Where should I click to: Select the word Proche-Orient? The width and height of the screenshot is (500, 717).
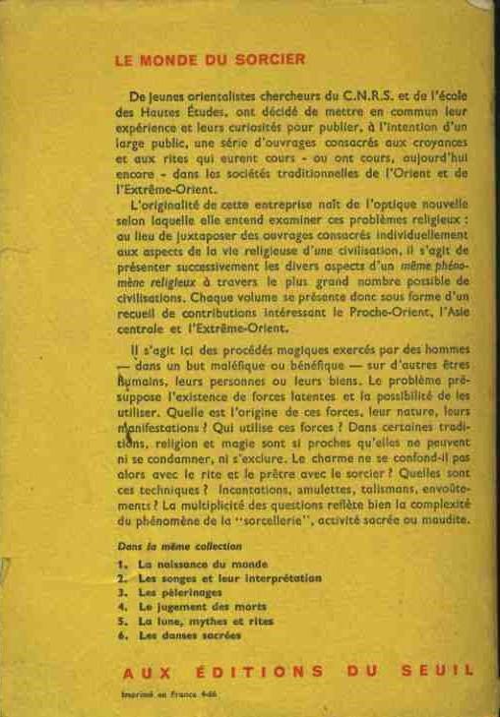point(360,312)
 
